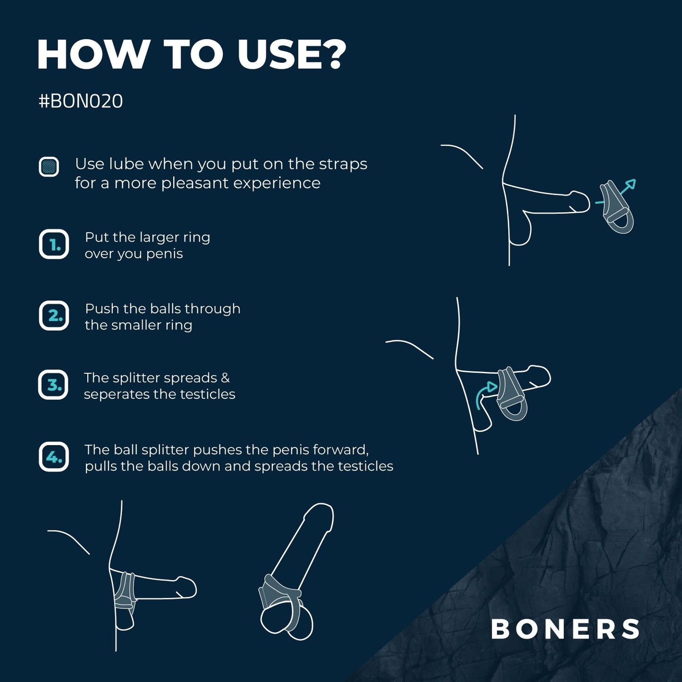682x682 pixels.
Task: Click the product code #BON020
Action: (x=81, y=101)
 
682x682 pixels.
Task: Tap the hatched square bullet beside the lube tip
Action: (x=49, y=167)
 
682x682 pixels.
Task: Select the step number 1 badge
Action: (x=54, y=244)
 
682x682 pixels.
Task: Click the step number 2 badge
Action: (x=54, y=315)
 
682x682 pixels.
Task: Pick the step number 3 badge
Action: (x=53, y=385)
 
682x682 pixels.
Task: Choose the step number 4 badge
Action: (x=54, y=457)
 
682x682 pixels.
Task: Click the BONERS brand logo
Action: (x=565, y=629)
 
